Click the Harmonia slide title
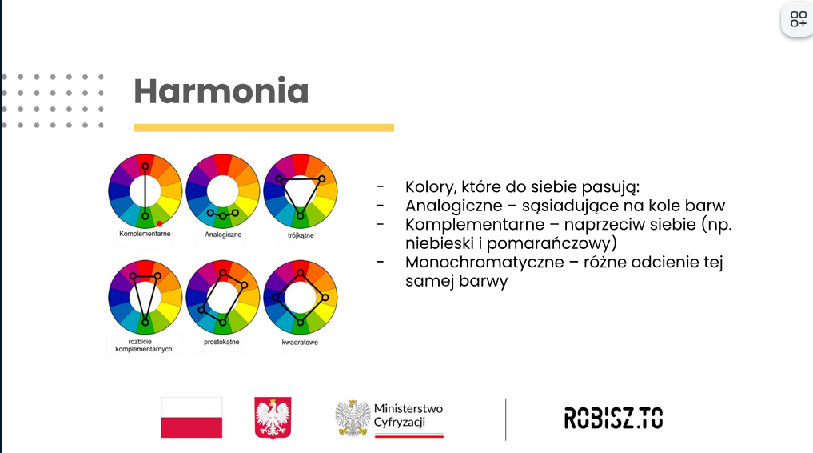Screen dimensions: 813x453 [221, 91]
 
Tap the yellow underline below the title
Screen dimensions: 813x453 [263, 127]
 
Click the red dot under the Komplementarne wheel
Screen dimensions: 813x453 [159, 224]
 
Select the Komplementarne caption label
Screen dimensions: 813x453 [145, 234]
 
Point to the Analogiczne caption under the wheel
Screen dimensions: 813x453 [223, 235]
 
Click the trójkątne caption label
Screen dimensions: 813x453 [301, 235]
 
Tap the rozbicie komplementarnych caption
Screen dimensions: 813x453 [144, 346]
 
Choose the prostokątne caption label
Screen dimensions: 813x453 [221, 342]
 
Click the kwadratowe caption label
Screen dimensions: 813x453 [300, 343]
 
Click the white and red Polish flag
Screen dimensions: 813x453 [192, 418]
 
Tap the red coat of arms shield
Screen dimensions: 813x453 [273, 418]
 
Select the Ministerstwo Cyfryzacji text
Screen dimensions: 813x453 [408, 415]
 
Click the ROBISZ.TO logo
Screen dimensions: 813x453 [613, 419]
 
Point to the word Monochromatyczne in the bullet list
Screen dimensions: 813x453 [484, 262]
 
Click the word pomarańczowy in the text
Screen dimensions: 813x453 [549, 243]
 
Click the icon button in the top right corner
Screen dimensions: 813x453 [798, 20]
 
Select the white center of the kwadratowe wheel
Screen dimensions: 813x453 [300, 297]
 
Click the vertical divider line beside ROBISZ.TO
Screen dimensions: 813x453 [505, 419]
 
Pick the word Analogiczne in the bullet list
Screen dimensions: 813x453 [454, 206]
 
